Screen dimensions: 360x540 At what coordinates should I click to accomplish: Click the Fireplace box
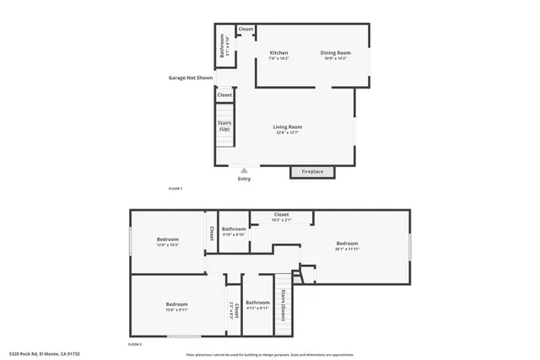[x=312, y=172]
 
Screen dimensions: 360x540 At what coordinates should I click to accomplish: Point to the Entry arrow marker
[x=245, y=169]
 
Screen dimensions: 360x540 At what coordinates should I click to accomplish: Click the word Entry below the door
[x=244, y=179]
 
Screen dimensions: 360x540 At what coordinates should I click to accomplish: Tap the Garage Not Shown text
[x=190, y=78]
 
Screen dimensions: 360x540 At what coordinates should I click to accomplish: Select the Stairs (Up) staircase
[x=224, y=126]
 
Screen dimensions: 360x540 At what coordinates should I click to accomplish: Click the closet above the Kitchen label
[x=246, y=30]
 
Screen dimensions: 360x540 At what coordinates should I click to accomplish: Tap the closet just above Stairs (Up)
[x=224, y=95]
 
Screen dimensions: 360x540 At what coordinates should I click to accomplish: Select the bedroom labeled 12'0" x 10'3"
[x=167, y=242]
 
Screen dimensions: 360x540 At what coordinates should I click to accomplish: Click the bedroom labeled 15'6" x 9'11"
[x=176, y=306]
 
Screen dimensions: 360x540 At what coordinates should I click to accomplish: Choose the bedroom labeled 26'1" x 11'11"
[x=347, y=245]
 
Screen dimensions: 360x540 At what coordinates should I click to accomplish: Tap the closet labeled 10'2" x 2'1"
[x=282, y=217]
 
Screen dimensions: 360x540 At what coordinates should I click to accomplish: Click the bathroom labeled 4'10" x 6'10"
[x=234, y=232]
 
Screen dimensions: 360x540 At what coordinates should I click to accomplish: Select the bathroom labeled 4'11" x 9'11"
[x=257, y=304]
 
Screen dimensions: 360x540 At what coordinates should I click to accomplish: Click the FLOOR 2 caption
[x=134, y=344]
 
